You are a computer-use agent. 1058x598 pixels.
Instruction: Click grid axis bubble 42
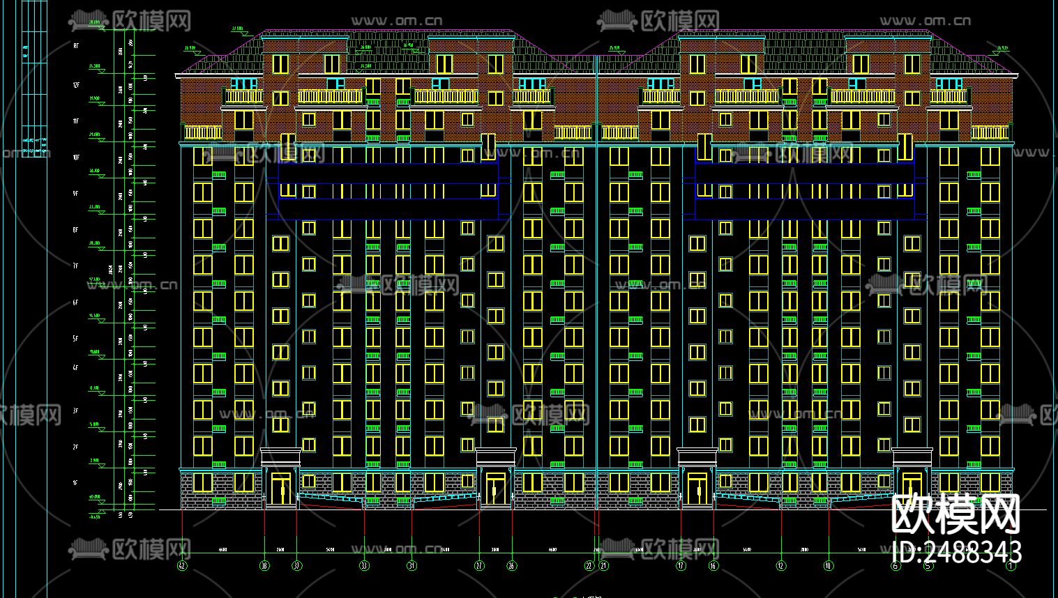tap(183, 566)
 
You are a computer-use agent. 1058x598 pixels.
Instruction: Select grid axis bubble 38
tap(264, 566)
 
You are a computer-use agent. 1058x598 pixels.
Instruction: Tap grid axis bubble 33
tap(364, 566)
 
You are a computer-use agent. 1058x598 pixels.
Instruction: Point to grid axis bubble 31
tap(411, 566)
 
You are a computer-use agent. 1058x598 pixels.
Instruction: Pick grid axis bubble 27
tap(479, 566)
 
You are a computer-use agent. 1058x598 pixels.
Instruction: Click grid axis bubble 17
tap(681, 566)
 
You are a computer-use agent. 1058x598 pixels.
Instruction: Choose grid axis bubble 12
tap(781, 566)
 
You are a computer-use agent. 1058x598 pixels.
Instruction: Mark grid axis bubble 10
tap(829, 566)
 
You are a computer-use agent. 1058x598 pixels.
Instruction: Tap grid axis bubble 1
tap(1011, 566)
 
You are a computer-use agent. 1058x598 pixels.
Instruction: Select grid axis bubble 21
tap(604, 566)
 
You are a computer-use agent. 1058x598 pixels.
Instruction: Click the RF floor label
tap(76, 45)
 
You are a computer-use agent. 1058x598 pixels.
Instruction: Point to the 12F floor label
tap(76, 84)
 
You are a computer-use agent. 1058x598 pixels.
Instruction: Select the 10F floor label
tap(76, 158)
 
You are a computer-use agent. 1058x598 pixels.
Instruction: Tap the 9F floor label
tap(76, 194)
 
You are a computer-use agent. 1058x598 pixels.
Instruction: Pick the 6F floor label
tap(76, 303)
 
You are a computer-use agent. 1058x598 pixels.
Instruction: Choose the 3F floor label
tap(76, 411)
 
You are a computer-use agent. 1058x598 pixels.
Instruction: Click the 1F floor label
tap(76, 483)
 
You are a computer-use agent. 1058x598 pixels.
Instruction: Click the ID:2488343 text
tap(957, 552)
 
